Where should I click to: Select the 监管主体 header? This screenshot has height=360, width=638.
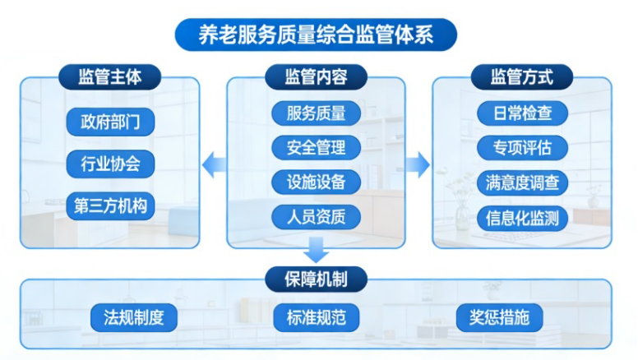pyautogui.click(x=109, y=77)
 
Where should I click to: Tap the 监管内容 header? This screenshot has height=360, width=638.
pyautogui.click(x=316, y=77)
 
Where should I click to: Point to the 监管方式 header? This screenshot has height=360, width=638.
pyautogui.click(x=522, y=77)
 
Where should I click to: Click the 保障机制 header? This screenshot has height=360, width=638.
pyautogui.click(x=316, y=278)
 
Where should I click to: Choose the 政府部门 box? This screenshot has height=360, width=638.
pyautogui.click(x=110, y=122)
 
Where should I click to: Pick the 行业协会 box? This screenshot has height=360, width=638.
pyautogui.click(x=110, y=164)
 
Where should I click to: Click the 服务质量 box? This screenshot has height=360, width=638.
pyautogui.click(x=317, y=113)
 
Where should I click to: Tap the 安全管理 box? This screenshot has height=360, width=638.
pyautogui.click(x=317, y=148)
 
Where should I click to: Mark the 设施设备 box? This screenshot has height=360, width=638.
pyautogui.click(x=317, y=182)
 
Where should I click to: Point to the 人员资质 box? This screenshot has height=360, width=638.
pyautogui.click(x=317, y=217)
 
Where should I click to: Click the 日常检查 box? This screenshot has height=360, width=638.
pyautogui.click(x=522, y=113)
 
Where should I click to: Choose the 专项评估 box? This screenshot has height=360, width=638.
pyautogui.click(x=522, y=148)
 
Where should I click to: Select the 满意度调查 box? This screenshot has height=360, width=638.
pyautogui.click(x=522, y=182)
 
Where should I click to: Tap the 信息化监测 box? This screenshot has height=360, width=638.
pyautogui.click(x=522, y=217)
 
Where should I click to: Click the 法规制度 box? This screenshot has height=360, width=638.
pyautogui.click(x=134, y=317)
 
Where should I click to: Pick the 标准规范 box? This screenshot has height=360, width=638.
pyautogui.click(x=317, y=317)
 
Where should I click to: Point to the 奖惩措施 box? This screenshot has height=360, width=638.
pyautogui.click(x=500, y=317)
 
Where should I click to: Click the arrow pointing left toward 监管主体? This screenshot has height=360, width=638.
pyautogui.click(x=215, y=164)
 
